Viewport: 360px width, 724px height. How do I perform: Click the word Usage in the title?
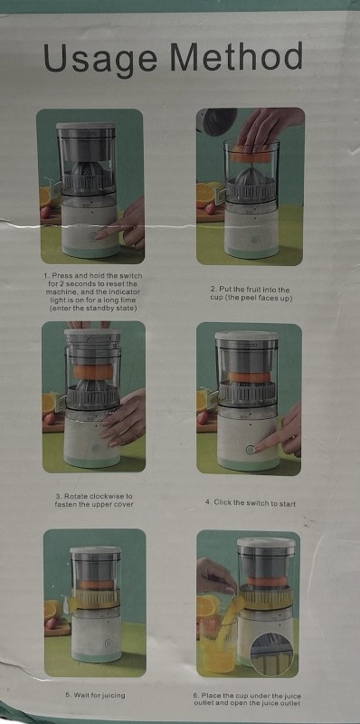[x=100, y=59]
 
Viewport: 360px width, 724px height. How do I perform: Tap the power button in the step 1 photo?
[x=92, y=237]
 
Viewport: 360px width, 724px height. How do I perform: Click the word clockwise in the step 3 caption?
[x=104, y=496]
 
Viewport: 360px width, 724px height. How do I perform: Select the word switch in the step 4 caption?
[x=250, y=502]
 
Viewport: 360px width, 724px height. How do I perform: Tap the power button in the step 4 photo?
[x=251, y=449]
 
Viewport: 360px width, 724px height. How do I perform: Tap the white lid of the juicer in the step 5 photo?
[x=95, y=550]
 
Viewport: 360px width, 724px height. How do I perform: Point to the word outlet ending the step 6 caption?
[x=289, y=703]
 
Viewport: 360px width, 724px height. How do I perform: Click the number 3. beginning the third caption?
[x=59, y=496]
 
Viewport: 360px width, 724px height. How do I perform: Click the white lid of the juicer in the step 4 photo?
[x=246, y=336]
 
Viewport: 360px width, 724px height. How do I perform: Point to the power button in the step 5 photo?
[x=108, y=643]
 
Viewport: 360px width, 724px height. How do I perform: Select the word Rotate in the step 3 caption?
[x=75, y=496]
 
